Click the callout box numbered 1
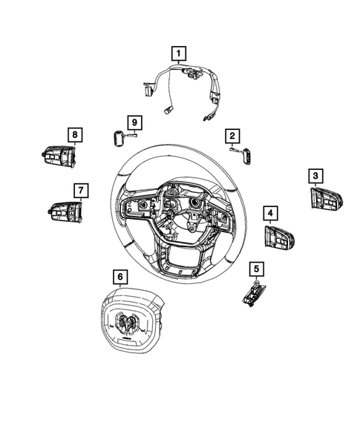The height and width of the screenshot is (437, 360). pyautogui.click(x=179, y=53)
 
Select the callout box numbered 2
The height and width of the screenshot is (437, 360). pyautogui.click(x=232, y=135)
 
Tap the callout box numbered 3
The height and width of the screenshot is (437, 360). pyautogui.click(x=316, y=175)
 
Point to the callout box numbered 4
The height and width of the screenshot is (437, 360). pyautogui.click(x=271, y=214)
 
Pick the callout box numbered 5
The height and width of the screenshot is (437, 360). pyautogui.click(x=256, y=269)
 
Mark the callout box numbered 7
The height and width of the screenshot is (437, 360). pyautogui.click(x=79, y=188)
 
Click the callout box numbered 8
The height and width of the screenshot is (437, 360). pyautogui.click(x=74, y=134)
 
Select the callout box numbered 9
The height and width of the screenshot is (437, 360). pyautogui.click(x=134, y=122)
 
